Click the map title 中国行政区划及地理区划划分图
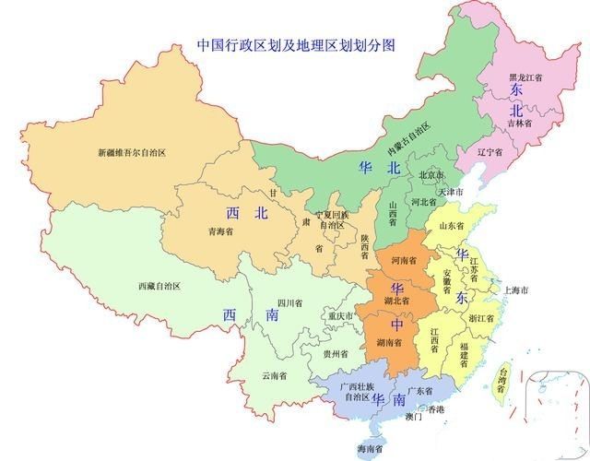coord(289,44)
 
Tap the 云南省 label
coord(274,375)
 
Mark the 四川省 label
coord(291,302)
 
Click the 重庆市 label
coord(341,316)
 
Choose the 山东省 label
coord(453,226)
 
